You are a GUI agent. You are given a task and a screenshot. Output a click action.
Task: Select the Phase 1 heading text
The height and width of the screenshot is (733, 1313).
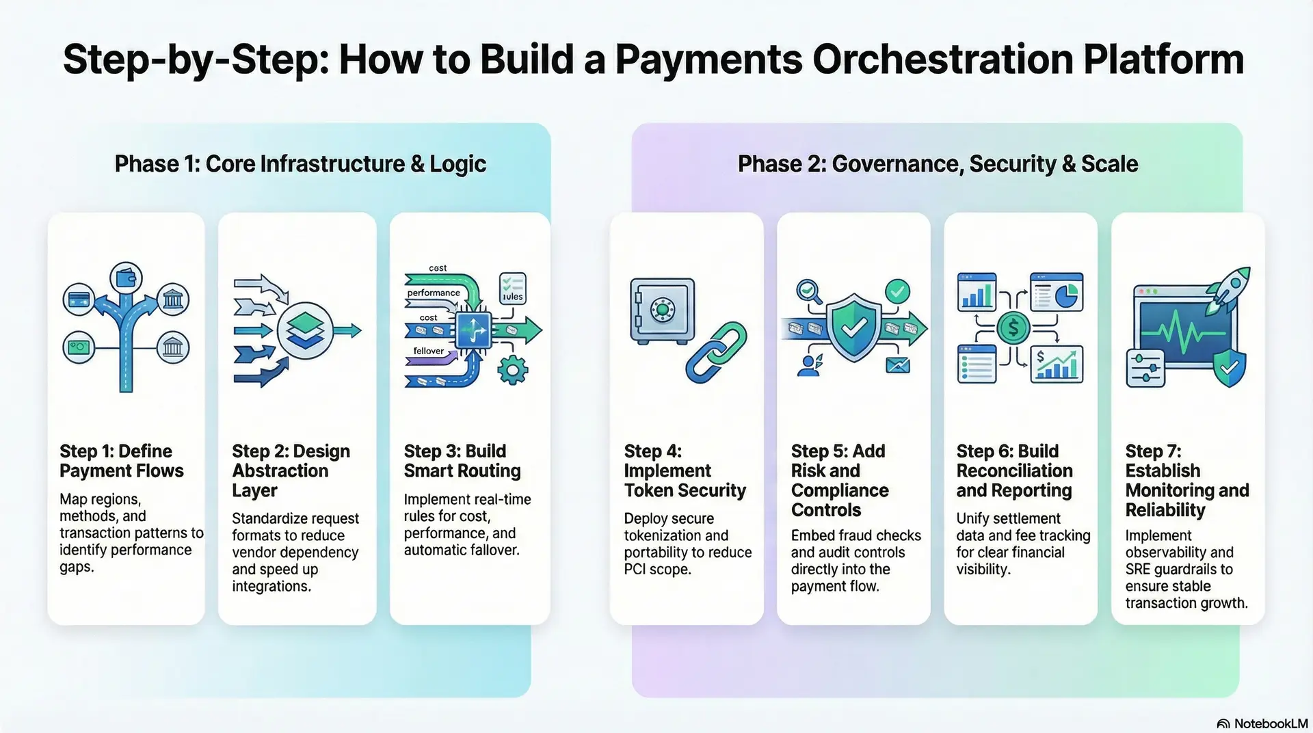(x=300, y=164)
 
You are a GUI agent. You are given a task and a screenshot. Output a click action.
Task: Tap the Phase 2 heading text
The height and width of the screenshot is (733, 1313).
(x=938, y=164)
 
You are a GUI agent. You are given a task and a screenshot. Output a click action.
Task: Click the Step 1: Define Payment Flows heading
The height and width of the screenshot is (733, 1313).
(x=122, y=461)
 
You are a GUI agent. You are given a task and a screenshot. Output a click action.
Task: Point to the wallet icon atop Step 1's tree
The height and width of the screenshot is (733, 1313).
(x=126, y=278)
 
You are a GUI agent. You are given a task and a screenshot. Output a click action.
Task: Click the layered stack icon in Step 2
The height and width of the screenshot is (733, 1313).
(x=305, y=330)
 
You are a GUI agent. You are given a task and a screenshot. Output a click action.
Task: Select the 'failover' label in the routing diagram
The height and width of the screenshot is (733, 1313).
(x=428, y=351)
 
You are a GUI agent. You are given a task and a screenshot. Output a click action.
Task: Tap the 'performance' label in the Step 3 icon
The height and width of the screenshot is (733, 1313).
(x=434, y=293)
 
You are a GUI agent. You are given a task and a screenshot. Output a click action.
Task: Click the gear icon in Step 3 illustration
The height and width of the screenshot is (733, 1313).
(x=512, y=370)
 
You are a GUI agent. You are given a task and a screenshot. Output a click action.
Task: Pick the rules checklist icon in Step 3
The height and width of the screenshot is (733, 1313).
(x=512, y=288)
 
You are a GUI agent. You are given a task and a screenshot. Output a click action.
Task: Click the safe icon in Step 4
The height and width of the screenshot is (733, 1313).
(x=661, y=310)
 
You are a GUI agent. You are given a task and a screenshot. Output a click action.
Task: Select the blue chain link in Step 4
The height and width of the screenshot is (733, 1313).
(x=716, y=353)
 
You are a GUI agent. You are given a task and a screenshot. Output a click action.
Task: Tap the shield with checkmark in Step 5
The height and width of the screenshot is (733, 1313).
(x=853, y=328)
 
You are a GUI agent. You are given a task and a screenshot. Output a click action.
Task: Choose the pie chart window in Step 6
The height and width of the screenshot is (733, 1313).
(x=1057, y=292)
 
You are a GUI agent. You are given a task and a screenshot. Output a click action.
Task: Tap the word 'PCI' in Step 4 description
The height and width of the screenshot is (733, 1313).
(x=635, y=569)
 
